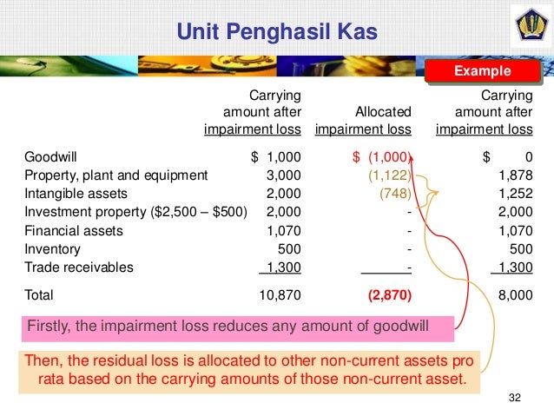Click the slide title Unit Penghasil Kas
coord(277,33)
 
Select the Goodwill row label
coord(50,157)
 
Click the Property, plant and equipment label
coord(115,175)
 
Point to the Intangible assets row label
coord(76,194)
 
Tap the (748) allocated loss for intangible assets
coord(395,194)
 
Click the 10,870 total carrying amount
coord(280,295)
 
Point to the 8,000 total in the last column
coord(515,295)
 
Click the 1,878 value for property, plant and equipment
coord(516,175)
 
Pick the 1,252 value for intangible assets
coord(516,194)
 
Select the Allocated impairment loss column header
coord(363,121)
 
